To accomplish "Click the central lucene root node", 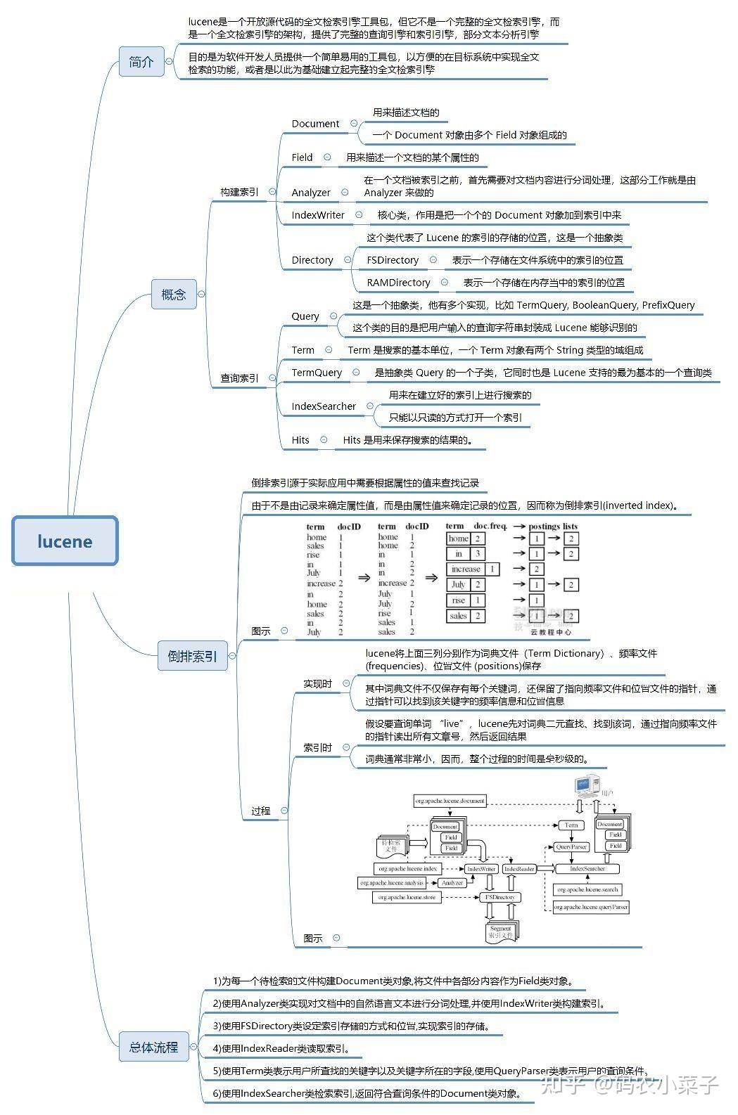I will (65, 541).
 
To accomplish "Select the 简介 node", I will (141, 62).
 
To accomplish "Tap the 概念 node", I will (174, 294).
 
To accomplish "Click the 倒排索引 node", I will (192, 656).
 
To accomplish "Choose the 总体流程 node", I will (153, 1047).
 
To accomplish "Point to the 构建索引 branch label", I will (239, 192).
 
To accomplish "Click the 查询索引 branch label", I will (239, 378).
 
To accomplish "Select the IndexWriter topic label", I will (318, 215).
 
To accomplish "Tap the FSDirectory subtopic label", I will (393, 260).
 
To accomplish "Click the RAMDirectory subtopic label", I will (398, 283).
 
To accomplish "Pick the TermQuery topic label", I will (317, 373).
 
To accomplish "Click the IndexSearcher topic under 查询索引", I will (324, 406).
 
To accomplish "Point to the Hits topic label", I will (300, 440).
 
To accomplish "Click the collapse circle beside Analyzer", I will (345, 192).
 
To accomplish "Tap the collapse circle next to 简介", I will (169, 62).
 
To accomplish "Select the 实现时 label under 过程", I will (317, 683).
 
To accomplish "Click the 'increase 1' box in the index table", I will (472, 569).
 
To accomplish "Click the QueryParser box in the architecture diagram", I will (571, 847).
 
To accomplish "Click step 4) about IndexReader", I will (281, 1048).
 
